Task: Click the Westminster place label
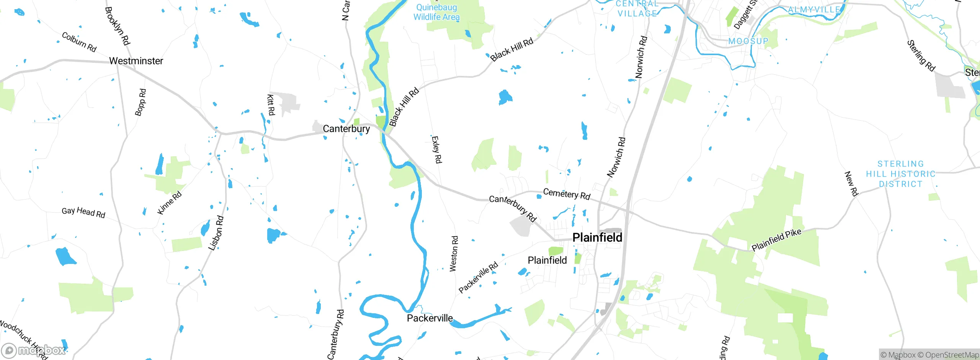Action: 136,61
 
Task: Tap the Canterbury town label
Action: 346,129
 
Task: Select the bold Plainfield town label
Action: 597,237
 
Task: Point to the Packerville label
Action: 430,318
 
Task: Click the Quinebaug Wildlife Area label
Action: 436,12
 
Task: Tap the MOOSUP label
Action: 748,41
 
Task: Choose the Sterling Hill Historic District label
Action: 900,174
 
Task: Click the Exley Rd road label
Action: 436,150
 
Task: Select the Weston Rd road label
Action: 454,254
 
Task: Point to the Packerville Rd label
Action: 479,277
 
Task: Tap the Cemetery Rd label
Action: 567,194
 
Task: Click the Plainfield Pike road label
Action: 776,240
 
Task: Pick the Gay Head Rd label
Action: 83,212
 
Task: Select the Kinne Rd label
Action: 169,203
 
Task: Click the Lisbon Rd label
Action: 216,233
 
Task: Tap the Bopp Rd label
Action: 140,102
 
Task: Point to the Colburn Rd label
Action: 79,42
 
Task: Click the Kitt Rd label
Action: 271,105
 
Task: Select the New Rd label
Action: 851,184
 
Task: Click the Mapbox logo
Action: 34,350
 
